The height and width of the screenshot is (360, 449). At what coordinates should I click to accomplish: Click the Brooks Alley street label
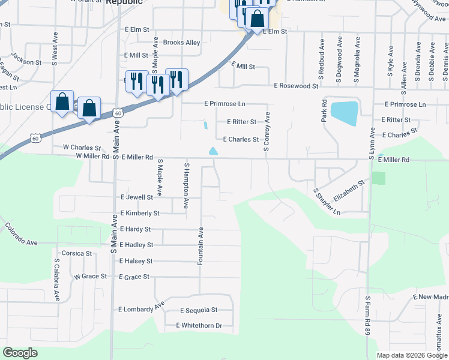(x=173, y=43)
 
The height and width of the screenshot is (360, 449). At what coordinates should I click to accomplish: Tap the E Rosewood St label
(x=296, y=86)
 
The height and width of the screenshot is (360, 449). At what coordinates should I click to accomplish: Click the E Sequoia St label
(x=199, y=310)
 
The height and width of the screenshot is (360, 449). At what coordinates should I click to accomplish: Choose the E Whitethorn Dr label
(x=199, y=326)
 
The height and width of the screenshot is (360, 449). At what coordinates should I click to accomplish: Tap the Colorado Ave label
(x=21, y=234)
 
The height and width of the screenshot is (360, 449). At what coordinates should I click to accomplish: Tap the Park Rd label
(x=324, y=111)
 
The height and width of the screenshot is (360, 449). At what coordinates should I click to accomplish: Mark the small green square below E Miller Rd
(x=378, y=178)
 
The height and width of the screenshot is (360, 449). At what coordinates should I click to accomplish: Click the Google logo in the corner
(x=20, y=353)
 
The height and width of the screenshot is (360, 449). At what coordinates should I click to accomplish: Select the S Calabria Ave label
(x=57, y=279)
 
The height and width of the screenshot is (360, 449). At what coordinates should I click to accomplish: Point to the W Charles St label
(x=82, y=147)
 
